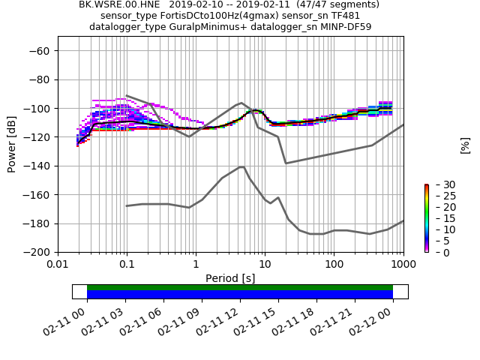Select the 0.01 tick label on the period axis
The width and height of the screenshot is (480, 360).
click(x=58, y=264)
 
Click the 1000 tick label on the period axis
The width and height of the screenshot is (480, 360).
click(x=403, y=264)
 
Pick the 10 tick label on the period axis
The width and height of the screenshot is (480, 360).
click(x=265, y=264)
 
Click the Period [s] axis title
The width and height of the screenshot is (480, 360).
click(x=230, y=278)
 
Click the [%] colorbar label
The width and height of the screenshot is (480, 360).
click(x=465, y=145)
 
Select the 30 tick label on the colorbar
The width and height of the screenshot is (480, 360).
click(x=440, y=184)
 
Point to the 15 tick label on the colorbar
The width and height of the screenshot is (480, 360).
click(x=440, y=218)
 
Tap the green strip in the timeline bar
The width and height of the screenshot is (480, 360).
click(x=240, y=287)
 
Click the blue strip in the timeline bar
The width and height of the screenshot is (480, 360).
click(x=240, y=295)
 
